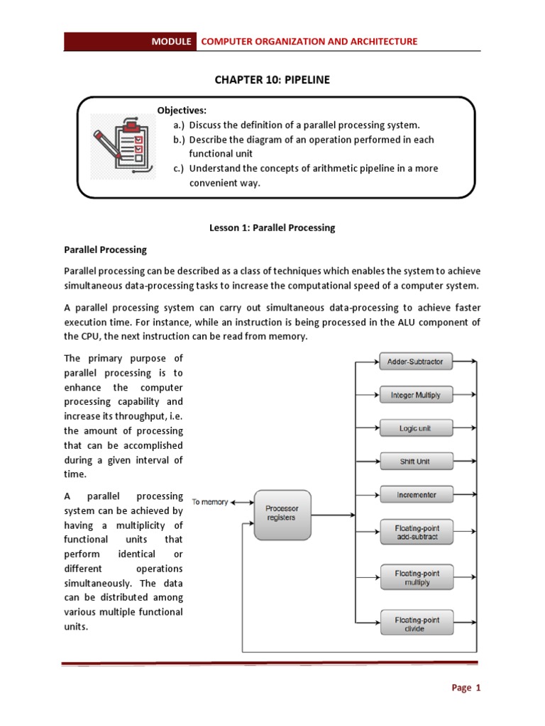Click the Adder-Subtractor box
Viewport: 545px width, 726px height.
click(415, 362)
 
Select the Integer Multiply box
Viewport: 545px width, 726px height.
click(415, 395)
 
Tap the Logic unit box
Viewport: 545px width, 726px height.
click(415, 428)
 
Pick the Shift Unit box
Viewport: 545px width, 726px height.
click(415, 462)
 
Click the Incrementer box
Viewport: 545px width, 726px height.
click(415, 495)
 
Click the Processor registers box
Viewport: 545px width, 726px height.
click(282, 513)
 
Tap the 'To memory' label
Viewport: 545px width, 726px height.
click(210, 502)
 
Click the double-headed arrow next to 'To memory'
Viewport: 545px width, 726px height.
click(242, 502)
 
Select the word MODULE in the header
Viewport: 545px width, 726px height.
click(171, 41)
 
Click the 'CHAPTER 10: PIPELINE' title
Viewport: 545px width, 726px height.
click(272, 80)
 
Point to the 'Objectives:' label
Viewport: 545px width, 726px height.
click(182, 111)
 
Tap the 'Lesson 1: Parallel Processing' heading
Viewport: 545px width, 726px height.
click(272, 228)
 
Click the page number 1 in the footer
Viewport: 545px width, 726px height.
click(478, 688)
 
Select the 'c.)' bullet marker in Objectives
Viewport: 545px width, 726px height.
click(179, 168)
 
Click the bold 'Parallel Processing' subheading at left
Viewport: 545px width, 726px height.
click(106, 250)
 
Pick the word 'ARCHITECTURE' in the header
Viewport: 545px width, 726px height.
click(383, 41)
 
